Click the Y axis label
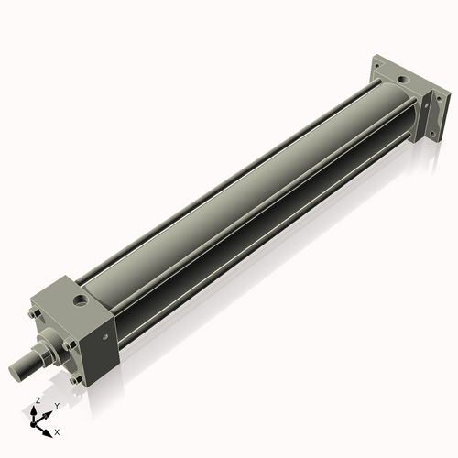click(57, 405)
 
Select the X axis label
click(58, 431)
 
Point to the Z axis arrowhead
click(37, 409)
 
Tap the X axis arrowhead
click(49, 428)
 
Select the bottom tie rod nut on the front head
click(74, 378)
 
